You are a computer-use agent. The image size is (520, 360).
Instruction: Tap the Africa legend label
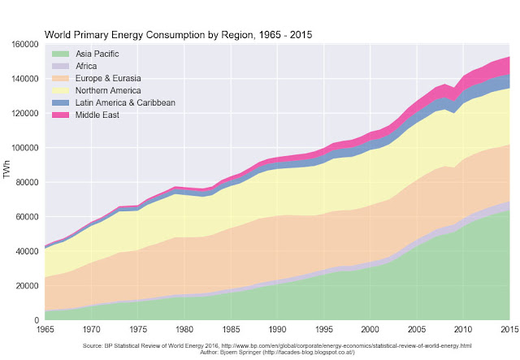(x=88, y=65)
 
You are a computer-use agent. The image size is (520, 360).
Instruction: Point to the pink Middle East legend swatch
(x=58, y=115)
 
